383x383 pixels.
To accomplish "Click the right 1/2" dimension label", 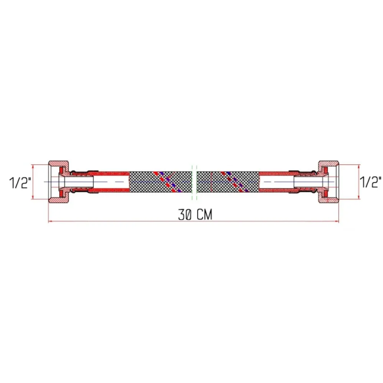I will pos(370,182).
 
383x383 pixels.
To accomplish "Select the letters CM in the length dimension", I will pos(205,215).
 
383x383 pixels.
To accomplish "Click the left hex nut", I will pos(59,181).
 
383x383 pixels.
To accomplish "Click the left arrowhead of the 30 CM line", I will pos(49,221).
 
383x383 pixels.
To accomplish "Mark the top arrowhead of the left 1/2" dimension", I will pos(33,166).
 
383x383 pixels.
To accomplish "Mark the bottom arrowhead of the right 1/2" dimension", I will pos(359,198).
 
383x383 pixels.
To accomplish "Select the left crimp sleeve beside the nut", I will pos(82,181).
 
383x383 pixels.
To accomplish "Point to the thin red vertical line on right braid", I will pos(211,181).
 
